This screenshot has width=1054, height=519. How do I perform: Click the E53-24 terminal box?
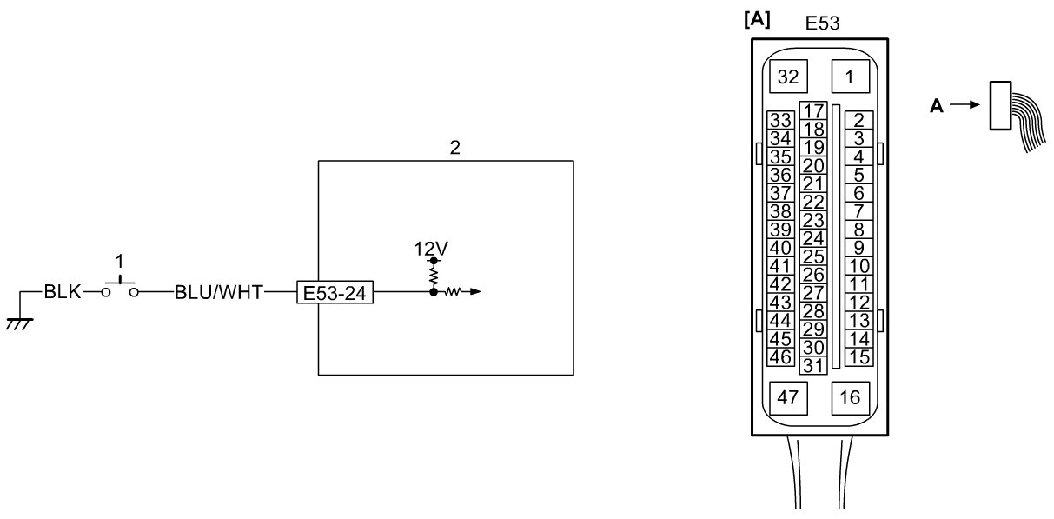tap(335, 292)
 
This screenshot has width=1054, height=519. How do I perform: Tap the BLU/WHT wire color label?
tap(219, 292)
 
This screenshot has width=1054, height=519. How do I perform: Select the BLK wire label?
tap(63, 292)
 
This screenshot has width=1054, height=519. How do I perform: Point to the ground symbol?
tap(19, 324)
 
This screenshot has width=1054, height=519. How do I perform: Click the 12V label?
tap(431, 249)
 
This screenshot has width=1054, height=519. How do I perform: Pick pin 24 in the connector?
tap(813, 238)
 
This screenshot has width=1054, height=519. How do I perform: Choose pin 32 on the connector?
tap(788, 77)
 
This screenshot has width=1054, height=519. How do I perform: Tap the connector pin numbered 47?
tap(788, 398)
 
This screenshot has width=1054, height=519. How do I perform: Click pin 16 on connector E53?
tap(851, 398)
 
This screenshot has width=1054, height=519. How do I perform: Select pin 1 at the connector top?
tap(851, 77)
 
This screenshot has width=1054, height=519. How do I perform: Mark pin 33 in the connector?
tap(780, 121)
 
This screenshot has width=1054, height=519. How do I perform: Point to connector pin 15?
tap(859, 357)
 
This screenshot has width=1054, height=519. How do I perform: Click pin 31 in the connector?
tap(813, 365)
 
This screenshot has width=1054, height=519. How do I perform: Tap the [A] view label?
tap(757, 20)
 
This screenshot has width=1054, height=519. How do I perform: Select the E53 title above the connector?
tap(822, 23)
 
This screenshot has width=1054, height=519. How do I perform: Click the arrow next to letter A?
tap(965, 104)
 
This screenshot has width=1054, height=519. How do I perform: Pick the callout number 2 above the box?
tap(454, 148)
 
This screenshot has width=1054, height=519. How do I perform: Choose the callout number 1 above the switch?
tap(120, 262)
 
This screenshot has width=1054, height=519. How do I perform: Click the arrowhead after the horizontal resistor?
tap(475, 292)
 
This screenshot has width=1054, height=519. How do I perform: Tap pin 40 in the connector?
tap(780, 248)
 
